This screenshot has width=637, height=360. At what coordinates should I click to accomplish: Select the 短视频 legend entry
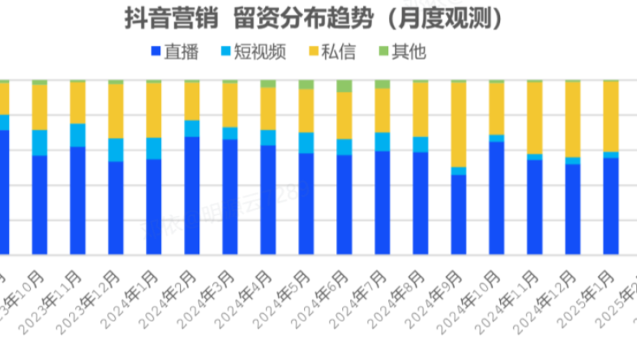[253, 52]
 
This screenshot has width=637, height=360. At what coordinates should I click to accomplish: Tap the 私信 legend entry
[337, 52]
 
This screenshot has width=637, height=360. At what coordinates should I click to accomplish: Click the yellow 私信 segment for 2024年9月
[458, 124]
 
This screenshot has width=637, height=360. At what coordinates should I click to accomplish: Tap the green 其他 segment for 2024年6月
[344, 86]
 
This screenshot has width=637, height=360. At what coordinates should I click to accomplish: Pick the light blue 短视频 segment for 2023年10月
[40, 143]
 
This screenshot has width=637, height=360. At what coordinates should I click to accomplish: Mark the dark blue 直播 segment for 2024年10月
[496, 198]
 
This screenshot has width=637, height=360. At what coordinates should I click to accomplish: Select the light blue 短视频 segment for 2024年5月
[306, 143]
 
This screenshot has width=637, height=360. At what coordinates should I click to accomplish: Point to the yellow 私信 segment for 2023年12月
[116, 110]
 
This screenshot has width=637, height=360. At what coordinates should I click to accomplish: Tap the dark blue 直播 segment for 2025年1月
[611, 206]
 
